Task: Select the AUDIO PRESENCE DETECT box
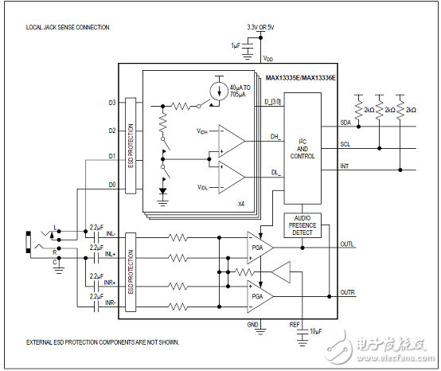point(303,225)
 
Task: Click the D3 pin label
point(111,103)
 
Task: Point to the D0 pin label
point(111,184)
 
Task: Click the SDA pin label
point(345,123)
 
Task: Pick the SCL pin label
point(345,145)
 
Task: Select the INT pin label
point(344,167)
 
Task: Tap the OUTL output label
point(346,244)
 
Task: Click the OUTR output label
point(346,293)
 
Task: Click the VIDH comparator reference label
point(203,130)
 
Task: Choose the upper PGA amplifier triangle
point(258,247)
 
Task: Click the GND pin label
point(253,324)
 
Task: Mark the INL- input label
point(110,234)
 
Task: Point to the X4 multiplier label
point(240,204)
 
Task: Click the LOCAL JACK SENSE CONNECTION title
point(68,27)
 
